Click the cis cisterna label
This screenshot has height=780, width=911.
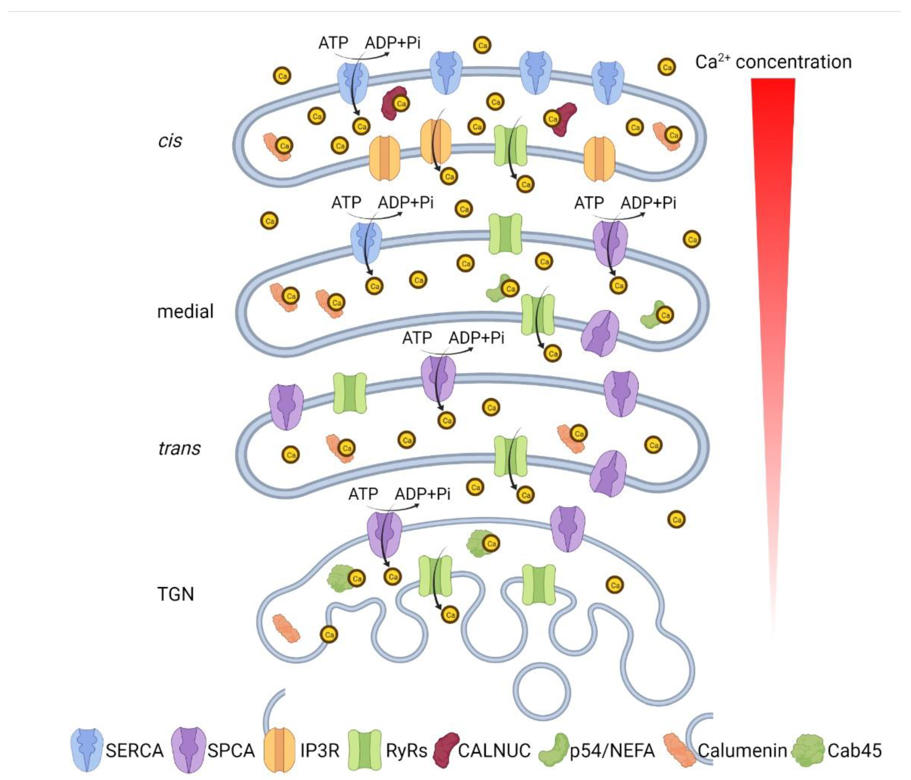tap(170, 141)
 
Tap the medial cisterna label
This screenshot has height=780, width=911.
tap(185, 311)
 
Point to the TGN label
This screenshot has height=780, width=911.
tap(175, 594)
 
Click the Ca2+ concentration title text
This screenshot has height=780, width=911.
tap(773, 62)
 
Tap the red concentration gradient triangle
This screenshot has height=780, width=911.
tap(773, 220)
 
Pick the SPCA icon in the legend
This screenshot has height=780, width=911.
tap(189, 750)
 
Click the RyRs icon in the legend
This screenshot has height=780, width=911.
tap(365, 750)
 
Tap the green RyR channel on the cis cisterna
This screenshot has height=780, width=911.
tap(511, 145)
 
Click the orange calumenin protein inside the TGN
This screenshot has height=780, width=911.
tap(286, 628)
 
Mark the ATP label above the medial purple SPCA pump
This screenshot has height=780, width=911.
tap(589, 203)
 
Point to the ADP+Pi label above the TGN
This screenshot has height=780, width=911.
tap(423, 494)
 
